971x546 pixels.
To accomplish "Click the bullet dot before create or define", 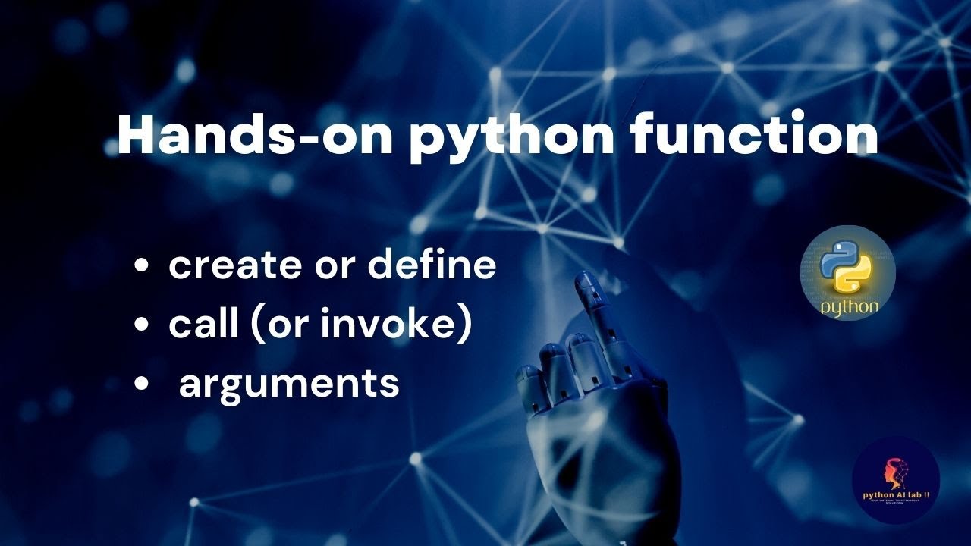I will [x=141, y=266].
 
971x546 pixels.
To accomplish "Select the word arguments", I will [x=289, y=384].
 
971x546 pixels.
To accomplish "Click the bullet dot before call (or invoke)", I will [x=141, y=325].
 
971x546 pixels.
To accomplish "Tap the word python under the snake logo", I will [x=849, y=306].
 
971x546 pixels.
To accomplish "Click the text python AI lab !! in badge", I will [x=895, y=494].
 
